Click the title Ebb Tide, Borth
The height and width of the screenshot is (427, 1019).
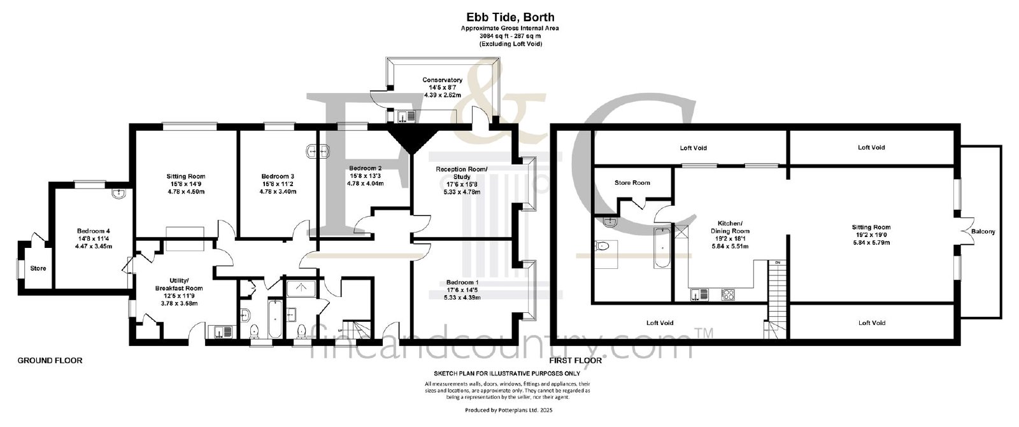510,17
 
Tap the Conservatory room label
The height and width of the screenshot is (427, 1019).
442,80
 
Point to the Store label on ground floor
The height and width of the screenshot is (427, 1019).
38,268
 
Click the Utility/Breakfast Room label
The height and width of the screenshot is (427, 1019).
179,284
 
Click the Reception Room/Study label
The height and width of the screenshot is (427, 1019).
462,173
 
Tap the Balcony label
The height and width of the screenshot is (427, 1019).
983,231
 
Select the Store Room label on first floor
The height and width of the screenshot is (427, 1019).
632,182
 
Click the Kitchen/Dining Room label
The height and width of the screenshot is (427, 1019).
730,227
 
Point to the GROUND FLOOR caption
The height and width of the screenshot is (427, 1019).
50,361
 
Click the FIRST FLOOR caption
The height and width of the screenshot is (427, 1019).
576,361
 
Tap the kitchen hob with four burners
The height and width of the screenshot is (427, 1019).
728,294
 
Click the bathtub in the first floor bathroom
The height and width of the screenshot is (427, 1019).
662,248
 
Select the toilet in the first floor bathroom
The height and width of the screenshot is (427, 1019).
602,247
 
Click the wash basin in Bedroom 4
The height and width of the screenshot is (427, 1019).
120,194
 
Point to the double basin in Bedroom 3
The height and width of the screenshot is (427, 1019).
318,151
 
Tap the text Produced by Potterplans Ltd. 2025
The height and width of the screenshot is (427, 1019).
509,410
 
